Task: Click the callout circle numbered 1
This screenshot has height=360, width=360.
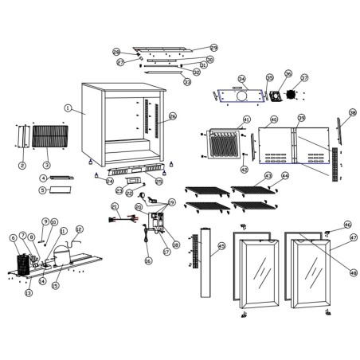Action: pos(68,108)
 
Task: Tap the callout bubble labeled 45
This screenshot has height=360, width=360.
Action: pos(221,247)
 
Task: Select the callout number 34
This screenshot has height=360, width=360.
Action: pos(242,80)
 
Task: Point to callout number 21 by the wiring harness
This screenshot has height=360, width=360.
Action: pos(115,206)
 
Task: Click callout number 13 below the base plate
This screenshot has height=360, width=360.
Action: pos(29,293)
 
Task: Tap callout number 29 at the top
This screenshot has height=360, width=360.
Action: pos(213,48)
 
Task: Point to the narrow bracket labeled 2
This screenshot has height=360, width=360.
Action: pos(22,136)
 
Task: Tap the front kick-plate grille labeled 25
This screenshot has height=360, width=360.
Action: pos(135,171)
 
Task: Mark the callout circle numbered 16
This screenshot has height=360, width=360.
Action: pos(147,260)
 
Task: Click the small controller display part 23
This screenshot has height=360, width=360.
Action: pos(131,188)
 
